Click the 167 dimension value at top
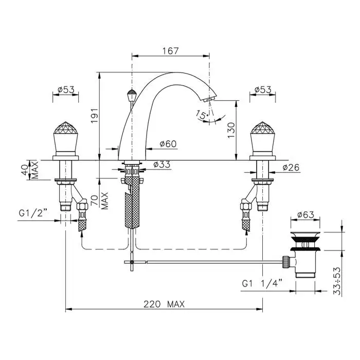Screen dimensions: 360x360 pyautogui.click(x=170, y=51)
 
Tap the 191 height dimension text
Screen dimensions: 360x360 pyautogui.click(x=95, y=116)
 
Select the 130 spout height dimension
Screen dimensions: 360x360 pyautogui.click(x=231, y=130)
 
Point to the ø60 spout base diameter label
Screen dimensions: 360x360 pyautogui.click(x=168, y=144)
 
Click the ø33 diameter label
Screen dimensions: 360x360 pyautogui.click(x=162, y=165)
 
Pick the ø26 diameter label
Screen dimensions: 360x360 pyautogui.click(x=291, y=167)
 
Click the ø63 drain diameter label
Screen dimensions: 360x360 pyautogui.click(x=305, y=214)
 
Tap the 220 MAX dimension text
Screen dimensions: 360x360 pyautogui.click(x=164, y=304)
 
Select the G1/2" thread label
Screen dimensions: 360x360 pyautogui.click(x=33, y=213)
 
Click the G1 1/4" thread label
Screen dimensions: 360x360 pyautogui.click(x=262, y=283)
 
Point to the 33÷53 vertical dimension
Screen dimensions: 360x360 pyautogui.click(x=337, y=281)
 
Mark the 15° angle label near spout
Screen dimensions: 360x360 pyautogui.click(x=202, y=115)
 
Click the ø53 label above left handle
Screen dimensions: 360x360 pyautogui.click(x=66, y=90)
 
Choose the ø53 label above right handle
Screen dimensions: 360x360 pyautogui.click(x=263, y=90)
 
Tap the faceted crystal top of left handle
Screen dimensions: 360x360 pyautogui.click(x=66, y=128)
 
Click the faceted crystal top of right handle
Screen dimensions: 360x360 pyautogui.click(x=263, y=128)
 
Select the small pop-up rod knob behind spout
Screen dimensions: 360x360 pyautogui.click(x=132, y=95)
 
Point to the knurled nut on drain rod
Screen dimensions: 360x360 pyautogui.click(x=285, y=262)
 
